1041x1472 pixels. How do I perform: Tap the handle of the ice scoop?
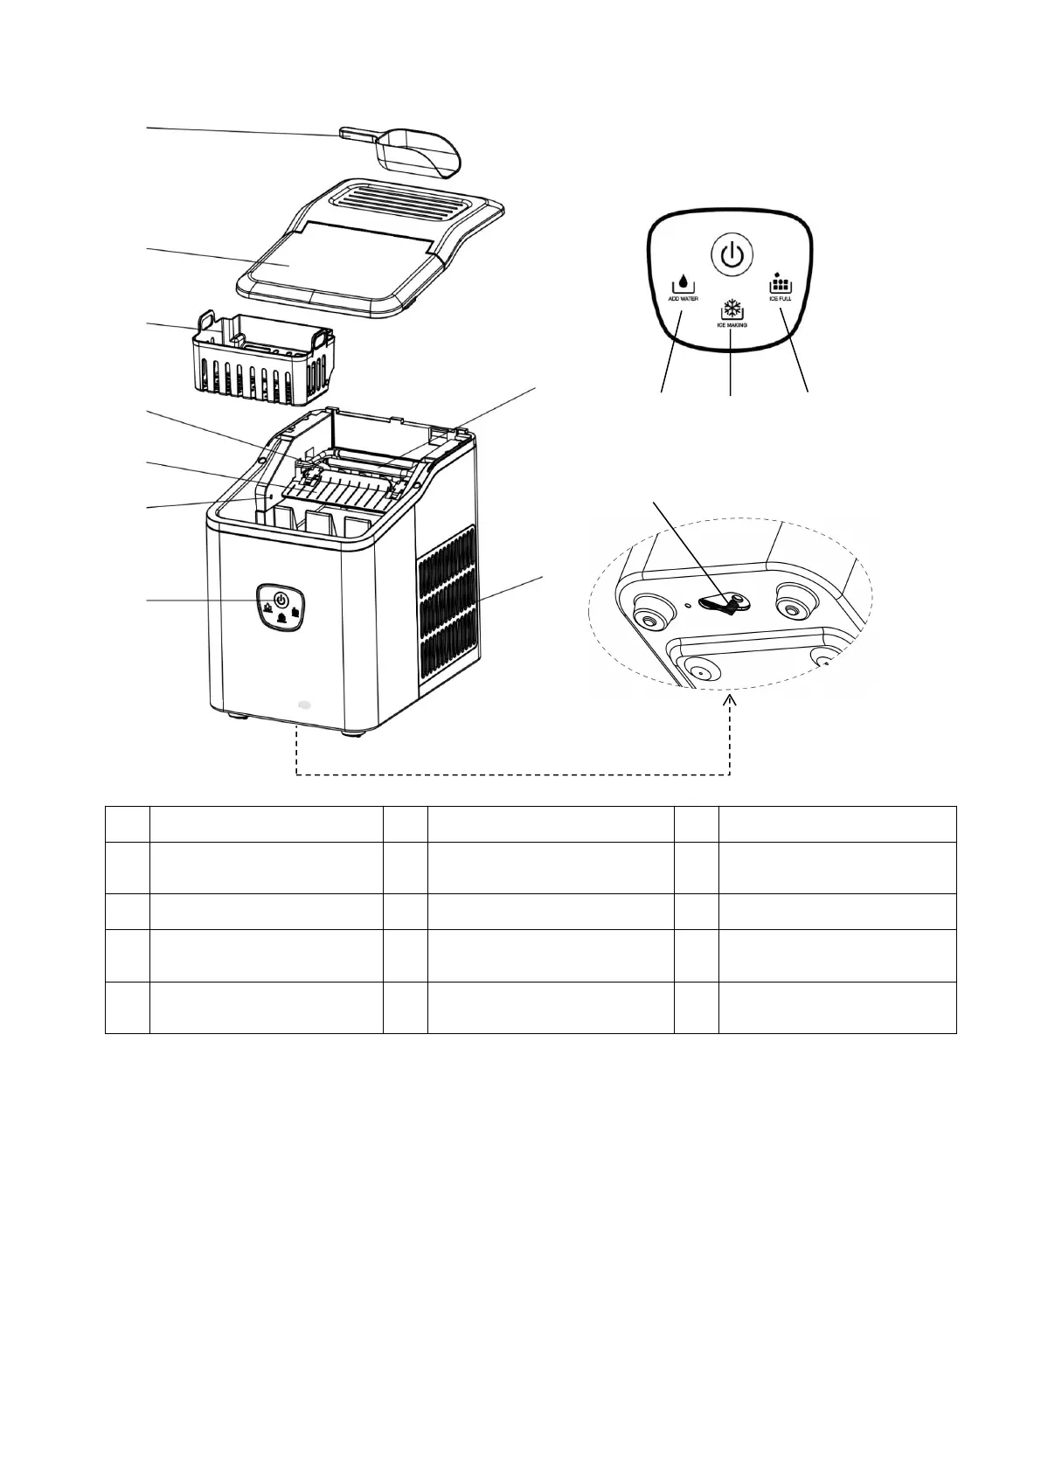[357, 134]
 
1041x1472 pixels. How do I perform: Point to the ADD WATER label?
[683, 298]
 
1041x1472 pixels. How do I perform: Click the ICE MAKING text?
[731, 324]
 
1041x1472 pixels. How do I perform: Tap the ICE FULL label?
[780, 298]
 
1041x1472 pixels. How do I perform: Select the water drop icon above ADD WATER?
[684, 284]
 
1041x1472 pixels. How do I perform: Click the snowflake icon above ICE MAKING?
[731, 309]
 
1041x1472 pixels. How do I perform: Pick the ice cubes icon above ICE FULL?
[780, 283]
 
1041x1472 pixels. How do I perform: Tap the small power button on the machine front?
[281, 600]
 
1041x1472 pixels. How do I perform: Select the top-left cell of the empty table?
[127, 823]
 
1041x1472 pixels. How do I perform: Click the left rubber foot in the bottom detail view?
[649, 614]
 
